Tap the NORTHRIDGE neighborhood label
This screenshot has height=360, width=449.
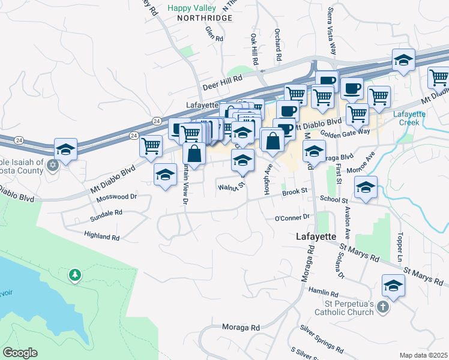pyautogui.click(x=204, y=19)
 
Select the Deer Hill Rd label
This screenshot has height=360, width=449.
pyautogui.click(x=222, y=78)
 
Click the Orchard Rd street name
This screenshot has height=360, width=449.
pyautogui.click(x=278, y=45)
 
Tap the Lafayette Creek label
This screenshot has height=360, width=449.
pyautogui.click(x=410, y=118)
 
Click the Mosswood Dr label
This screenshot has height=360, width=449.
pyautogui.click(x=117, y=196)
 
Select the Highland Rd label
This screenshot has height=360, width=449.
pyautogui.click(x=102, y=236)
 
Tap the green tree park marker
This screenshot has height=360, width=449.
pyautogui.click(x=75, y=275)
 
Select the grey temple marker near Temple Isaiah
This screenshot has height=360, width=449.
pyautogui.click(x=53, y=164)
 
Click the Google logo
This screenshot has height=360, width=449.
pyautogui.click(x=20, y=353)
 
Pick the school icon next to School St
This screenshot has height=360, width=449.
pyautogui.click(x=366, y=188)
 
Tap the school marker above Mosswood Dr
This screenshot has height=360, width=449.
pyautogui.click(x=164, y=175)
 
